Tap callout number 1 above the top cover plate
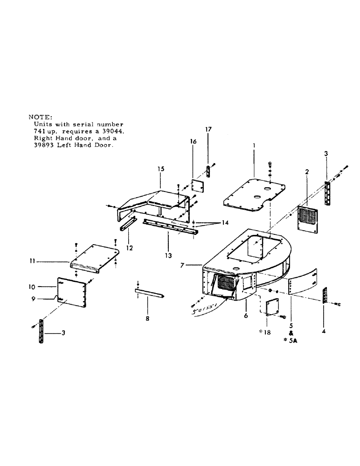click(x=254, y=146)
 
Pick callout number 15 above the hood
click(x=160, y=169)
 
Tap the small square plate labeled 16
click(x=199, y=186)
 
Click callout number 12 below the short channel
click(x=130, y=248)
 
